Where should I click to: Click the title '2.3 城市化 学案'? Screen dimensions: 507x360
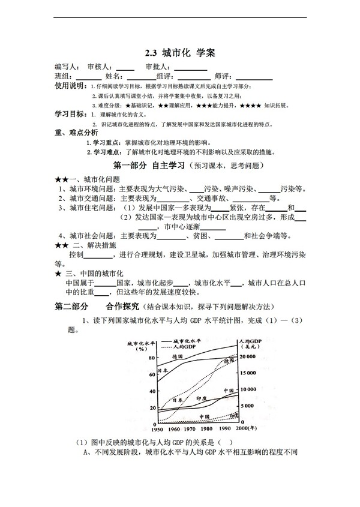click(x=179, y=53)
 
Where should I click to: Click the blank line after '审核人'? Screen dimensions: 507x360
click(x=125, y=68)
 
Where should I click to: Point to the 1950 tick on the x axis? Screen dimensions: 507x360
click(x=157, y=430)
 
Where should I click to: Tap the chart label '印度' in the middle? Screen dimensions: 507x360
click(x=201, y=397)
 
